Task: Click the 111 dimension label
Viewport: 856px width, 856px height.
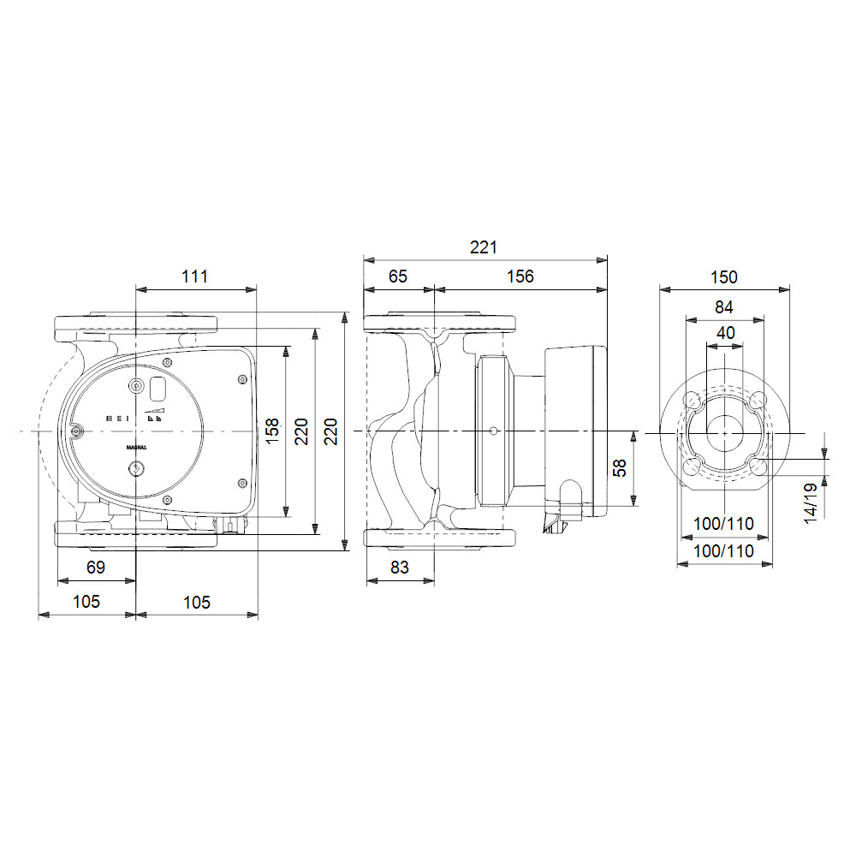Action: coord(194,276)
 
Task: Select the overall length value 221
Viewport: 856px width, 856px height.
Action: coord(483,247)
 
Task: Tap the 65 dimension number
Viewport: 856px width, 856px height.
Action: coord(398,276)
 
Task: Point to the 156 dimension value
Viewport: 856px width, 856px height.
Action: coord(520,276)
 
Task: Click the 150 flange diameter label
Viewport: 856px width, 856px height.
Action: coord(724,277)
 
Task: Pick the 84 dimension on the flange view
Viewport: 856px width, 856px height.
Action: coord(724,307)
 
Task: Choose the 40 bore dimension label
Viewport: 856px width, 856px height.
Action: coord(726,332)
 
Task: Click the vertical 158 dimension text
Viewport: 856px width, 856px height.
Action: coord(272,431)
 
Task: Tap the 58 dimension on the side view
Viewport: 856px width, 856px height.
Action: coord(620,468)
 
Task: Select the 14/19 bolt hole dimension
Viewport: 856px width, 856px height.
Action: coord(810,503)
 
